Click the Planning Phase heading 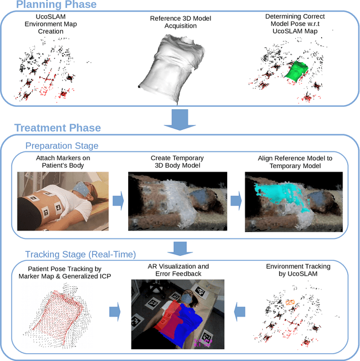(x=56, y=5)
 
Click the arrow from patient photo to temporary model (x=119, y=201)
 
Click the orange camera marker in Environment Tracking (x=290, y=302)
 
